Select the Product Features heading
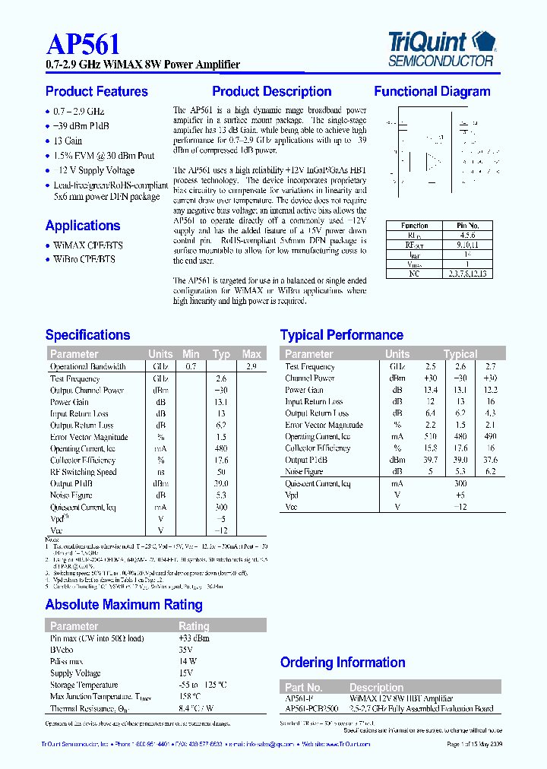(96, 92)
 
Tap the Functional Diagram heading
(432, 92)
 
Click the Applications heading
(83, 226)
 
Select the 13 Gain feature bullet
(68, 141)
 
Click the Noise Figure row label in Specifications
(71, 495)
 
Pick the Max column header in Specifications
(251, 354)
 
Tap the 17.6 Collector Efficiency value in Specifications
(221, 460)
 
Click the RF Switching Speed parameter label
(84, 472)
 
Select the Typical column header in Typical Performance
(460, 354)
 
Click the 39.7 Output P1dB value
(430, 460)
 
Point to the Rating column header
(194, 626)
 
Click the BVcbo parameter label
(62, 650)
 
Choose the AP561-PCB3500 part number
(311, 709)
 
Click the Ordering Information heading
(343, 663)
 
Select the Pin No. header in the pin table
(467, 226)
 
